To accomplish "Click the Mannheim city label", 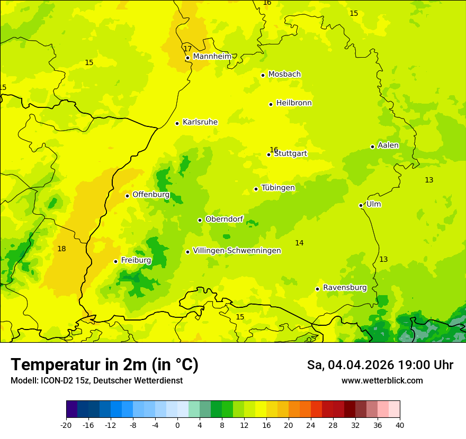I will tap(212, 57).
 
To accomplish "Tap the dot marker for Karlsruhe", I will tap(177, 123).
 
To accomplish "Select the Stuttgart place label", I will tap(290, 154).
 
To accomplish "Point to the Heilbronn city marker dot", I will tap(271, 104).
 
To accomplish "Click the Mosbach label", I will tap(284, 75).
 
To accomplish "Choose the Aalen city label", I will tap(388, 145).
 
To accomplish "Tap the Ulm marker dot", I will tap(361, 205).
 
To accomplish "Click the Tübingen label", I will tap(278, 188).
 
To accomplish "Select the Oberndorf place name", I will tap(224, 219).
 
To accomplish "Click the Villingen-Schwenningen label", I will tap(237, 251).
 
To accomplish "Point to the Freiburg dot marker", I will tap(115, 261).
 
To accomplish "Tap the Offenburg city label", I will tap(151, 195).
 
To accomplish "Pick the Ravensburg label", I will tap(345, 288).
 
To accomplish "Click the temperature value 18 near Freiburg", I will tap(62, 249).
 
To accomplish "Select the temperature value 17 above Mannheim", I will tap(187, 49).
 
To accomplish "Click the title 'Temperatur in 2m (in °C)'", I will tap(105, 365).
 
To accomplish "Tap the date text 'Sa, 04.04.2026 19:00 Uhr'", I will tap(380, 365).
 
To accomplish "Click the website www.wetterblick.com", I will tap(382, 381).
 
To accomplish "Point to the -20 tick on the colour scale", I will tap(66, 425).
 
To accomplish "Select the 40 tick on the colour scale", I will tap(400, 425).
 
